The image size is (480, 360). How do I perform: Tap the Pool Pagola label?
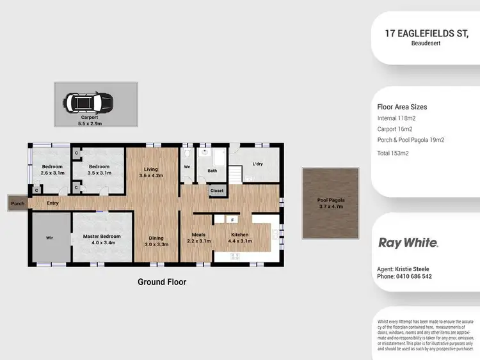tap(330, 203)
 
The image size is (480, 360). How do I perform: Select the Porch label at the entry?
tap(17, 204)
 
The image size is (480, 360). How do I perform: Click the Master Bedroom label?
tap(102, 239)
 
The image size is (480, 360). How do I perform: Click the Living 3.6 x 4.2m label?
tap(152, 171)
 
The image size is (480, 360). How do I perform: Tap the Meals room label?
tap(198, 238)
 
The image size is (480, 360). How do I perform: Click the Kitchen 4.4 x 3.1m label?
tap(241, 238)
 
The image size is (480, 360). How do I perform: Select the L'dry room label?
tap(258, 164)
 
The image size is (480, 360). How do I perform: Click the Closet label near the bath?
tap(217, 191)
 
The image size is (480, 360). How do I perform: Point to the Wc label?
tap(188, 167)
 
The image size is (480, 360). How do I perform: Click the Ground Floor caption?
tap(162, 282)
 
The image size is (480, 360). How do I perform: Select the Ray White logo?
tap(408, 243)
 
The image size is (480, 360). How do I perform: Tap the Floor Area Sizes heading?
tap(402, 107)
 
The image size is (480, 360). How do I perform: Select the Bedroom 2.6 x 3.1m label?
tap(51, 169)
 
